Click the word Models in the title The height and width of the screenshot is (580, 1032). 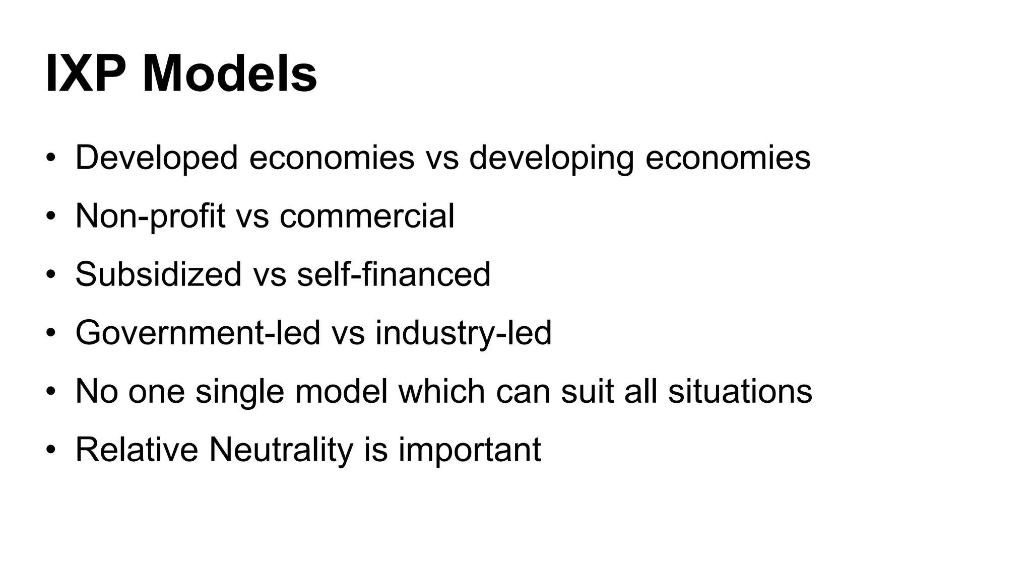230,75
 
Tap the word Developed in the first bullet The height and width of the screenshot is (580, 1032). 156,158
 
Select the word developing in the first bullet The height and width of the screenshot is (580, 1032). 551,158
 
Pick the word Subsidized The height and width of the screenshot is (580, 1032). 158,275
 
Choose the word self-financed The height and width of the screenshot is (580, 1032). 394,275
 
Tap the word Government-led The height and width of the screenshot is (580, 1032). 198,333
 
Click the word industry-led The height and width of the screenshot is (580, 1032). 464,333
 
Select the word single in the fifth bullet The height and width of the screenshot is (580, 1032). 240,392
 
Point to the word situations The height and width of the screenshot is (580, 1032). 740,392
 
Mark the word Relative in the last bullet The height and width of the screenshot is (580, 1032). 137,450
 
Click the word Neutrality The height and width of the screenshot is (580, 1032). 281,450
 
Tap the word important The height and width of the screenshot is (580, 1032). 470,450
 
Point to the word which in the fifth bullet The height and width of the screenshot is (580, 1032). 441,392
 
